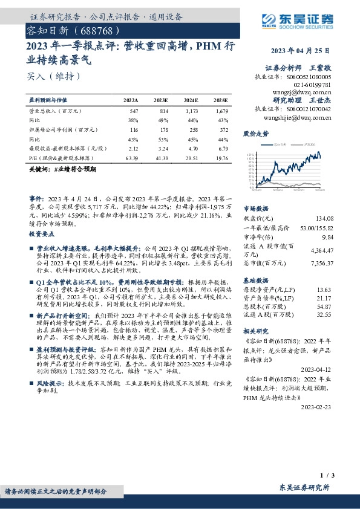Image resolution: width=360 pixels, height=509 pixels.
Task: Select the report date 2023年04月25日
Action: coord(301,50)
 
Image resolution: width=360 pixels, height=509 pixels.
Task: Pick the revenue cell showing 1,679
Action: coord(220,112)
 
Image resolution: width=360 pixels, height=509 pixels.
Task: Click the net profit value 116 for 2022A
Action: coord(134,129)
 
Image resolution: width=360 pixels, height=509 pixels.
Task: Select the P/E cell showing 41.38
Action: coord(160,157)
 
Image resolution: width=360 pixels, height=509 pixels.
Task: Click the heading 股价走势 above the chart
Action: coord(255,133)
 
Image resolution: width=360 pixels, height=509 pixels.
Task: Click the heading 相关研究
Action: coord(255,332)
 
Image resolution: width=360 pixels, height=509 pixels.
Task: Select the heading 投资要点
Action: coord(42,233)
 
